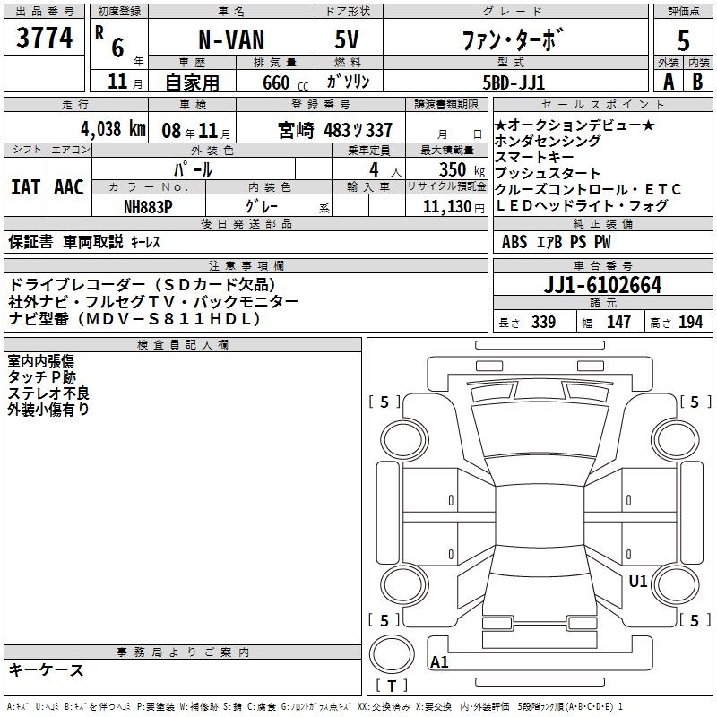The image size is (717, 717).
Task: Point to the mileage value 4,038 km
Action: tap(112, 128)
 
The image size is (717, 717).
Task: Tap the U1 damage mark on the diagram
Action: tap(638, 582)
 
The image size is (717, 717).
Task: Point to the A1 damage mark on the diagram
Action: tap(439, 662)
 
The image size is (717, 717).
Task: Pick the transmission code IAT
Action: tap(25, 187)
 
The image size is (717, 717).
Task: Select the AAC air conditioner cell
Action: tap(68, 187)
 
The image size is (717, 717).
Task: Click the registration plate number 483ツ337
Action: tap(358, 129)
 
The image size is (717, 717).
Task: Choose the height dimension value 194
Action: tap(691, 323)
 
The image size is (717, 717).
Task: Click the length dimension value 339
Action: tap(543, 323)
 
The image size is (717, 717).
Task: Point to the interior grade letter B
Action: tap(696, 82)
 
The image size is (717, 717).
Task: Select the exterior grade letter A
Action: tap(668, 82)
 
